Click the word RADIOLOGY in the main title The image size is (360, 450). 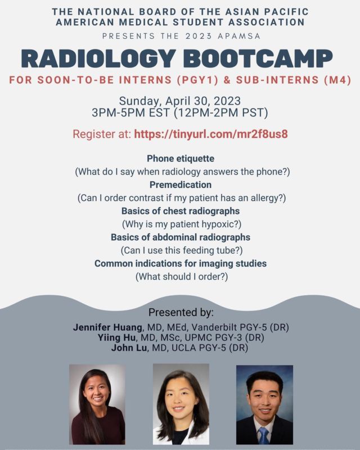[98, 59]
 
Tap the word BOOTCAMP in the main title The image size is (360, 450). [258, 59]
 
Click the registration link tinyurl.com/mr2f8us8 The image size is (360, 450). [211, 134]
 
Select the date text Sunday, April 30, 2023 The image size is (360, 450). [179, 101]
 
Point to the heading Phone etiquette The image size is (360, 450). [181, 159]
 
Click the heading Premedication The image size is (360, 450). [181, 184]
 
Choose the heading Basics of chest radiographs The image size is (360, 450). [181, 211]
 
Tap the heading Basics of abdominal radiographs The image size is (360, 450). [181, 237]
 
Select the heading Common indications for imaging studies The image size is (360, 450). [181, 263]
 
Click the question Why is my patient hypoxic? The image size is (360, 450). [182, 224]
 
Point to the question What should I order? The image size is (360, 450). [182, 277]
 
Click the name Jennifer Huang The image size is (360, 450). [107, 327]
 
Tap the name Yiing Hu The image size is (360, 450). [116, 337]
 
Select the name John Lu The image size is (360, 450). [129, 348]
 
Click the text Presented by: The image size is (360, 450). [181, 312]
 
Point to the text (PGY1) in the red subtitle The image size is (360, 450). [197, 80]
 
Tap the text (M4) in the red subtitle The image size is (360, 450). [337, 80]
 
